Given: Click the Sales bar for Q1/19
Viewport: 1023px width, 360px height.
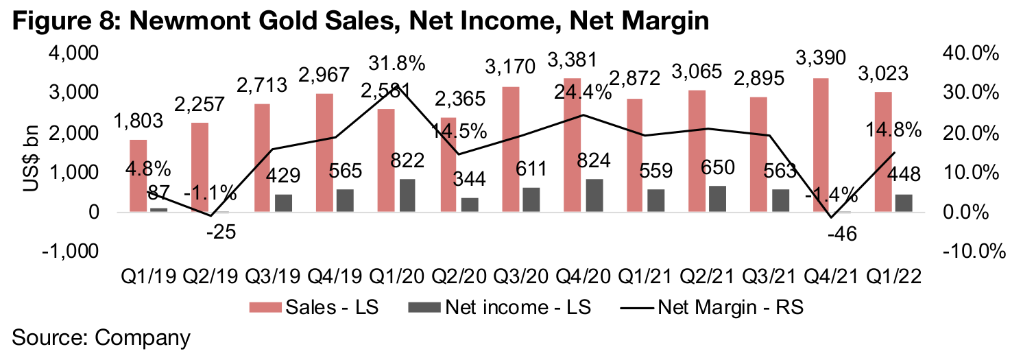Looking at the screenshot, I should (139, 176).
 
